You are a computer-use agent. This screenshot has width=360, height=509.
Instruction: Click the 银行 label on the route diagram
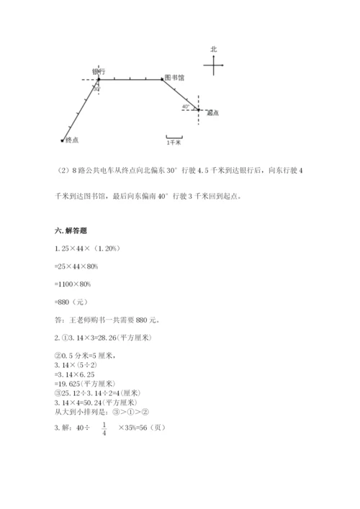(x=99, y=71)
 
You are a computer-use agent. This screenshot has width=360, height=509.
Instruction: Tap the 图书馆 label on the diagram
(x=174, y=76)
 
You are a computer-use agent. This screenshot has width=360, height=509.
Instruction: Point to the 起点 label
(x=212, y=113)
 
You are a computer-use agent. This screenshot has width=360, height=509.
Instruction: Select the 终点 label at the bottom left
(x=72, y=140)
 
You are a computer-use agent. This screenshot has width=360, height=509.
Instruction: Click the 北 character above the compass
(x=213, y=49)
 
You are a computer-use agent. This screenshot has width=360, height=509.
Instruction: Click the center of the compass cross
(x=214, y=66)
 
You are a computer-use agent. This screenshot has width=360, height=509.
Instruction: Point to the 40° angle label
(x=186, y=107)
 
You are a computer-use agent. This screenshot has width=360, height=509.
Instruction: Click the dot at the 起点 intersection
(x=198, y=109)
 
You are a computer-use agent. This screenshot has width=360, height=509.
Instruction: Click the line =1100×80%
(x=64, y=284)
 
